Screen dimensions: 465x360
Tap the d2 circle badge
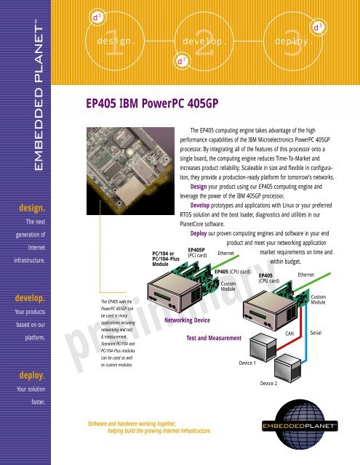click(180, 62)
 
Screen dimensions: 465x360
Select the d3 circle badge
click(316, 26)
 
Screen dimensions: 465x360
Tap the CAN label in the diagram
click(289, 332)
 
